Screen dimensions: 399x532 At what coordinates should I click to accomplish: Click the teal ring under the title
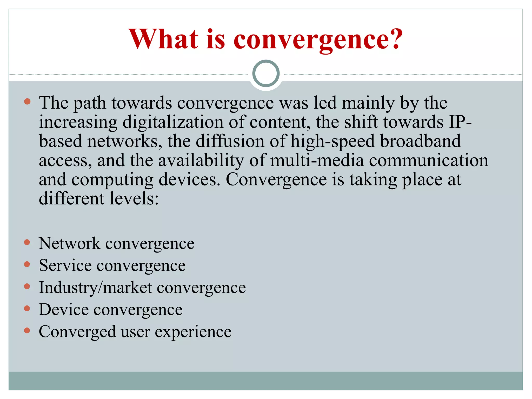point(266,73)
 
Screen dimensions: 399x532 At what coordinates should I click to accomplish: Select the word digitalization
point(173,122)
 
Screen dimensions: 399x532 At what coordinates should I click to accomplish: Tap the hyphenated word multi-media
point(317,160)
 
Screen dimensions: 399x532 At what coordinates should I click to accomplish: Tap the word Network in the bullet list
point(69,244)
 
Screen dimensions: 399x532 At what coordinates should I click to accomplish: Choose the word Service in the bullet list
point(65,265)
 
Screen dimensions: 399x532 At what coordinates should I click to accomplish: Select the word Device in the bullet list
point(64,310)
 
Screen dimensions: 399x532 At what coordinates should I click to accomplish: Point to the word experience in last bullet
point(193,332)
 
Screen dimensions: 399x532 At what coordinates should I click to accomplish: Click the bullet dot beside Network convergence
point(27,242)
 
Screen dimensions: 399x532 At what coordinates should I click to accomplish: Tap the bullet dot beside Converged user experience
point(27,330)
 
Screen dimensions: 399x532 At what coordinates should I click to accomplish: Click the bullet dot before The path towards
point(27,101)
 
